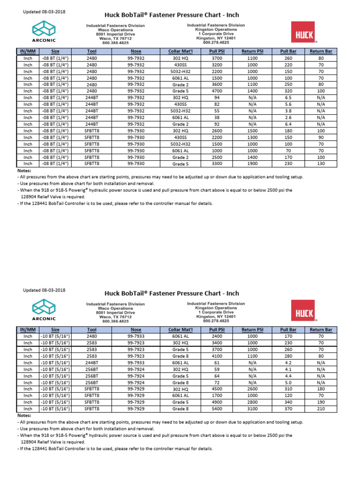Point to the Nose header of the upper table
pos(136,51)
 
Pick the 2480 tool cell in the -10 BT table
pos(92,336)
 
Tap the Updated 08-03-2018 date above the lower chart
pos(44,290)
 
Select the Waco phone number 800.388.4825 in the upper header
pos(115,43)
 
